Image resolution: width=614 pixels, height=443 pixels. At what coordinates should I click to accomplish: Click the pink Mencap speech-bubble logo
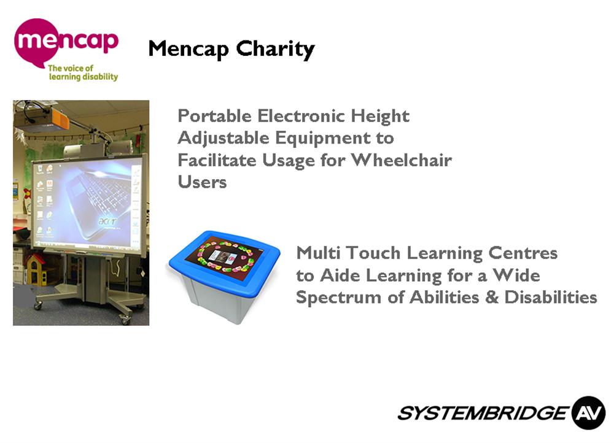[x=59, y=42]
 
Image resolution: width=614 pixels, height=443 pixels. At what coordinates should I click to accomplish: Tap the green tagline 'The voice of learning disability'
[x=83, y=72]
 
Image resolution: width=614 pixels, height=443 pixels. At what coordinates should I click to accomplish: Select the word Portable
[x=214, y=116]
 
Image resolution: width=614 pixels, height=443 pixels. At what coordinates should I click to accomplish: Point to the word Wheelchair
[x=402, y=160]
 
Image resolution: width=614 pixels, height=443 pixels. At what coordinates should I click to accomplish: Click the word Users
[x=202, y=182]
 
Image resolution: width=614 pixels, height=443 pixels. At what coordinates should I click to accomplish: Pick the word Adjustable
[x=223, y=139]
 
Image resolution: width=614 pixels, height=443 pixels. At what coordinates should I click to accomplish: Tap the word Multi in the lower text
[x=318, y=253]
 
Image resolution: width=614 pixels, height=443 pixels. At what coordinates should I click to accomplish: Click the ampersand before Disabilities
[x=492, y=297]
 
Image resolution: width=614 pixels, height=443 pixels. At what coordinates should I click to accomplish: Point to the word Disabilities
[x=551, y=297]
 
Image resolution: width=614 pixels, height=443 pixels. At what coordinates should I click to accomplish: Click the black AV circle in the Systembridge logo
[x=589, y=413]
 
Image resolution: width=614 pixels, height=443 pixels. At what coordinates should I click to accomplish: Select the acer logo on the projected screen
[x=107, y=221]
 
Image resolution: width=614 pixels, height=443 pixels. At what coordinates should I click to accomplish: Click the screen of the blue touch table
[x=224, y=255]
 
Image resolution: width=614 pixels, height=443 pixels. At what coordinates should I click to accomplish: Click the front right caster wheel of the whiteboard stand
[x=125, y=320]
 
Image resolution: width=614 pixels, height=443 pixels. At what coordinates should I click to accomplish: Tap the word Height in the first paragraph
[x=380, y=117]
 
